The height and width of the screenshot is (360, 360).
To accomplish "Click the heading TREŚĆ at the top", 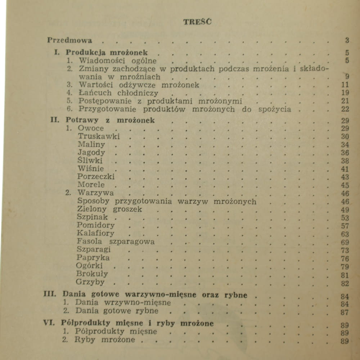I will (197, 22).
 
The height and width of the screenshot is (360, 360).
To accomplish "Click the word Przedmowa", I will (69, 40).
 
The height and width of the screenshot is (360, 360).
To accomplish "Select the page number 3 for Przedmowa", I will (347, 40).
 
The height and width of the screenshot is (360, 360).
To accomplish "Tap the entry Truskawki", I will (99, 136).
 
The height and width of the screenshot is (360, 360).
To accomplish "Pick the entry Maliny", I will (91, 145).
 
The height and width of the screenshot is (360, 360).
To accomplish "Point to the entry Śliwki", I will (90, 161).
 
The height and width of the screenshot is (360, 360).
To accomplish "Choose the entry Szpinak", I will (92, 217).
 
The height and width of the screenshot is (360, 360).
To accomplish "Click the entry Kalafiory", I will (96, 233).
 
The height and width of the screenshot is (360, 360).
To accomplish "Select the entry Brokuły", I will (93, 274).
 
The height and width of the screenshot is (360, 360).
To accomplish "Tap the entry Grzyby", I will (91, 283).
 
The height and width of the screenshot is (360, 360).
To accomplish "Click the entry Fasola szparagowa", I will (116, 242).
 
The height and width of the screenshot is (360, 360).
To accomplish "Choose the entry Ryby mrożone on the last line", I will (104, 340).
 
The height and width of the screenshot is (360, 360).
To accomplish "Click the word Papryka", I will (93, 258).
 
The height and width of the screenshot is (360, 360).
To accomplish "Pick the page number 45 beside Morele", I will (345, 185).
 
